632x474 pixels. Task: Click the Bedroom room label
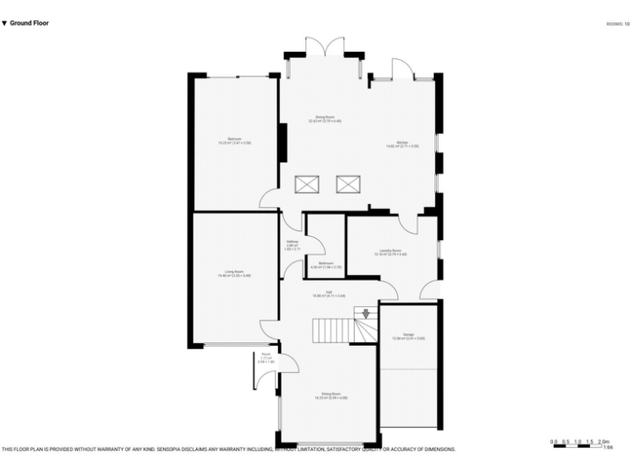pyautogui.click(x=235, y=141)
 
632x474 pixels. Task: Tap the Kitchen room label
pyautogui.click(x=402, y=144)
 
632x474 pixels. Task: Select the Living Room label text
pyautogui.click(x=235, y=273)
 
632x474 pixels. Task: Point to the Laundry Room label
pyautogui.click(x=391, y=252)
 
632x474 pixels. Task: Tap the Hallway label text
pyautogui.click(x=292, y=244)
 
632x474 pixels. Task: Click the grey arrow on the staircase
pyautogui.click(x=365, y=314)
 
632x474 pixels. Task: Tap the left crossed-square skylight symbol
pyautogui.click(x=307, y=184)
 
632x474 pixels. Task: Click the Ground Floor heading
pyautogui.click(x=26, y=23)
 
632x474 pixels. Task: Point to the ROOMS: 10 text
pyautogui.click(x=617, y=25)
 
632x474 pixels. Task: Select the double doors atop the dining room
pyautogui.click(x=324, y=47)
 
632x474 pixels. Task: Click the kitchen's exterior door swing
pyautogui.click(x=402, y=69)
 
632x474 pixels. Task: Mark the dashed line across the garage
pyautogui.click(x=408, y=369)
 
